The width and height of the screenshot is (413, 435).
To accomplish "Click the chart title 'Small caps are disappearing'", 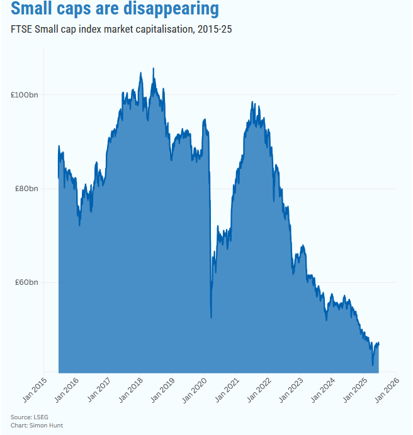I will click(115, 11).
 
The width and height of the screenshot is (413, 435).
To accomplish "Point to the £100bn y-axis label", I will click(25, 94).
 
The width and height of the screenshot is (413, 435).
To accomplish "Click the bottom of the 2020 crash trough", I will click(211, 317).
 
